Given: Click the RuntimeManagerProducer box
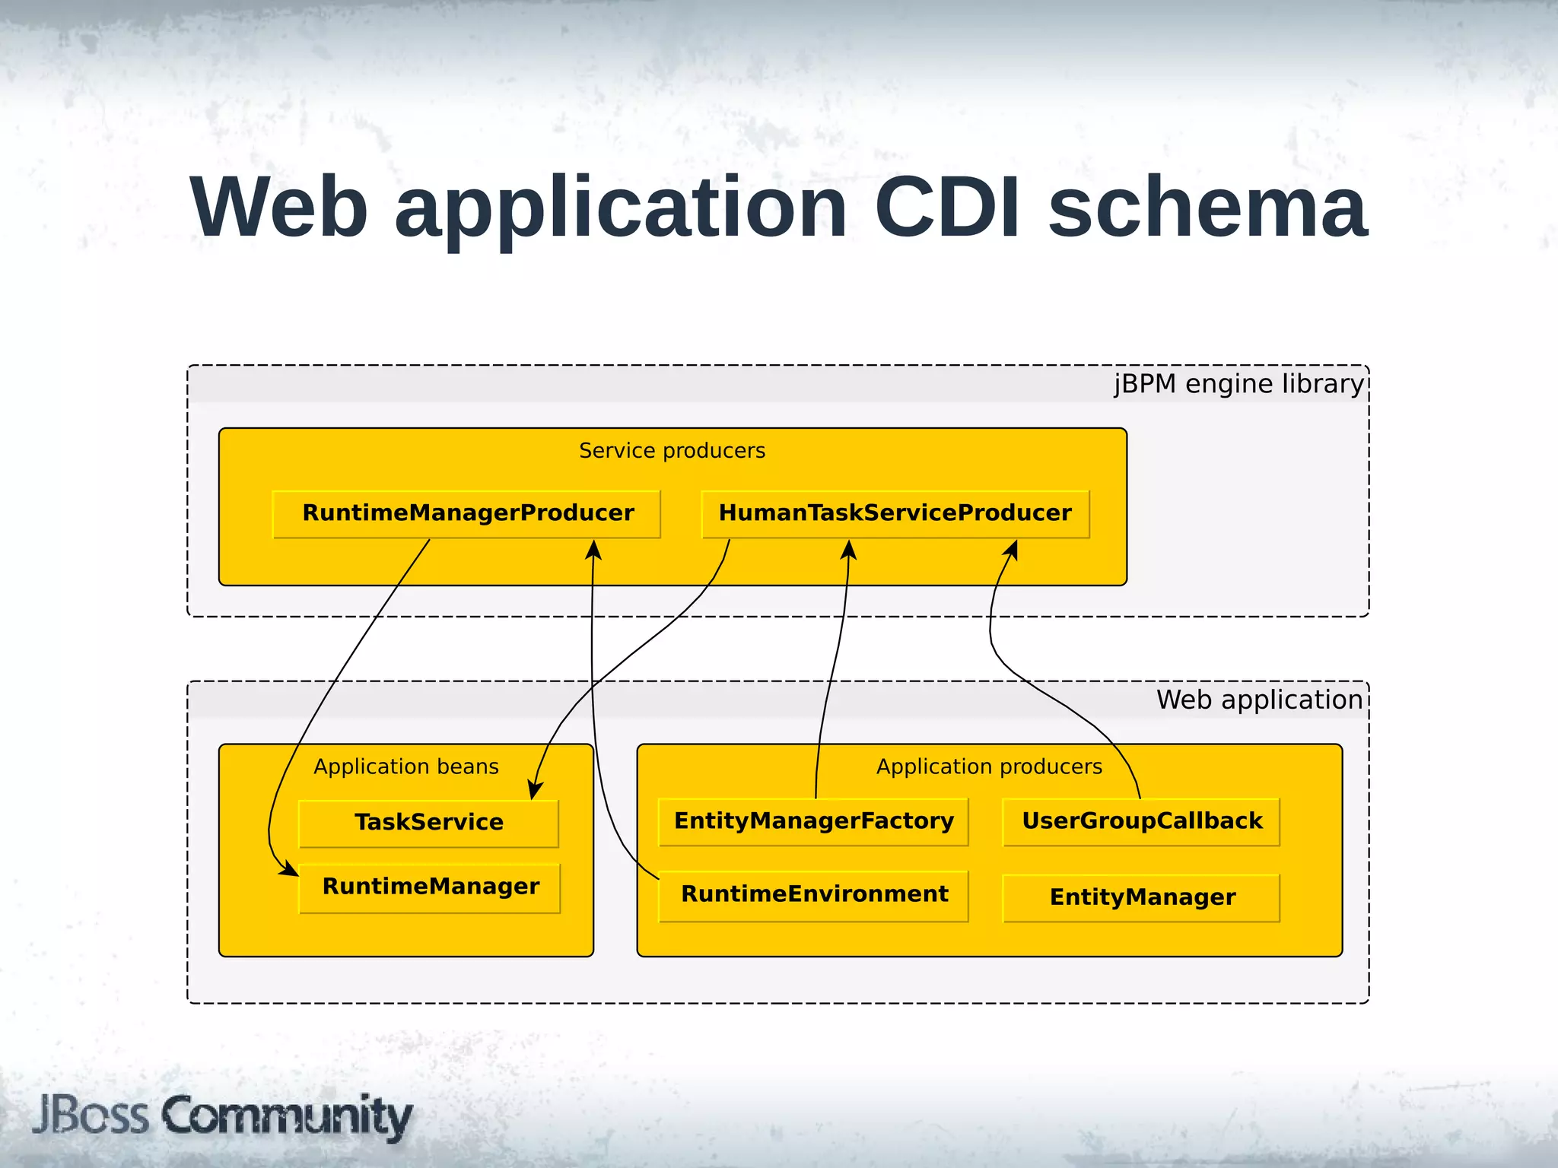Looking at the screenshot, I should tap(466, 514).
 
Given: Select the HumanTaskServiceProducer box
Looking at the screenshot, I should tap(895, 514).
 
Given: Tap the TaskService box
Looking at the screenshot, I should tap(428, 823).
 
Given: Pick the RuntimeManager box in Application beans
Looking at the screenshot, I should tap(430, 887).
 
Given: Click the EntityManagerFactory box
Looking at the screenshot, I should tap(813, 821).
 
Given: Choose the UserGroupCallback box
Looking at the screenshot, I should tap(1141, 821).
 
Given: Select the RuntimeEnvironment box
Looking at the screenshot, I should tap(813, 895).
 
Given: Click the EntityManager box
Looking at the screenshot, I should tap(1141, 898).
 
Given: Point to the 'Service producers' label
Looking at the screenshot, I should tap(672, 451).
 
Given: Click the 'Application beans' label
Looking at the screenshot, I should tap(405, 766).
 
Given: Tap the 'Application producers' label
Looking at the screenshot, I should tap(988, 766).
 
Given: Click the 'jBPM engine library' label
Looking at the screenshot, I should tap(1238, 384).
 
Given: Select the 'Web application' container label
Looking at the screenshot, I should tap(1259, 700).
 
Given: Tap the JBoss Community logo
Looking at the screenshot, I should tap(222, 1116).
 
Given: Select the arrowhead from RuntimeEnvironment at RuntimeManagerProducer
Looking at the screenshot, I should tap(594, 550).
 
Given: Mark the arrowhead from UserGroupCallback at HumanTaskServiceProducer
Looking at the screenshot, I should tap(1011, 550).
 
